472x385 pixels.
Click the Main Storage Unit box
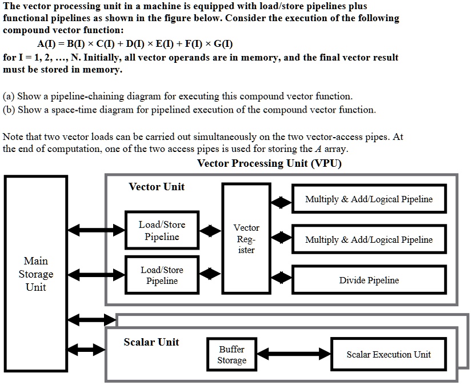click(x=35, y=274)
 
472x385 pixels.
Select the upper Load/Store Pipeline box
click(x=162, y=230)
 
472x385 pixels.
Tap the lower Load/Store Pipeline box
click(x=162, y=275)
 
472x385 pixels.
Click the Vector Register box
click(x=246, y=239)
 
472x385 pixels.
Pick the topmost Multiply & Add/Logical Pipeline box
click(x=369, y=199)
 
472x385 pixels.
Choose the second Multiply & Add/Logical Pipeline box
click(x=369, y=239)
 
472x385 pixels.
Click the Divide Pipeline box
click(x=369, y=280)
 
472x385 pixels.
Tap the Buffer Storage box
click(x=231, y=354)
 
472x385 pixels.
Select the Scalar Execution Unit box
click(x=389, y=354)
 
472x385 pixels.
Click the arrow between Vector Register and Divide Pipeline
click(x=281, y=278)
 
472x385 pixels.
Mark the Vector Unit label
click(x=157, y=187)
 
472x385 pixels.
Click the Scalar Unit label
click(x=151, y=342)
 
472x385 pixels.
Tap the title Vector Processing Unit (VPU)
click(x=269, y=163)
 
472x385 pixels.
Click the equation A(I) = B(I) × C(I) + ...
click(x=135, y=44)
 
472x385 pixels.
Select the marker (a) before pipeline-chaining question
click(x=9, y=96)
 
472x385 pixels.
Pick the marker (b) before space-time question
click(x=9, y=109)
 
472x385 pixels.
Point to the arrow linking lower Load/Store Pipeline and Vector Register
click(x=210, y=274)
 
